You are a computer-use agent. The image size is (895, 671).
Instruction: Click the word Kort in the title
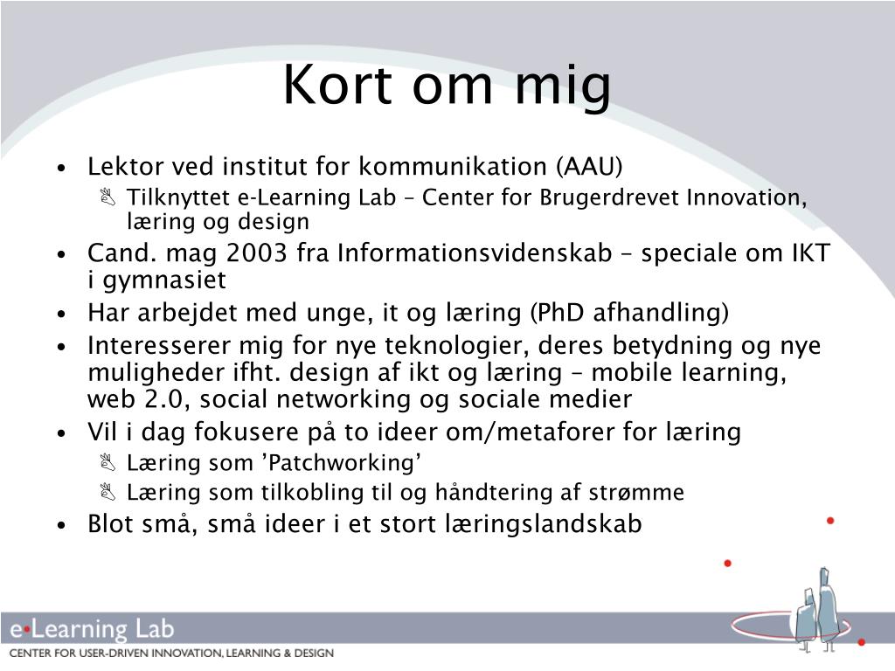pyautogui.click(x=337, y=84)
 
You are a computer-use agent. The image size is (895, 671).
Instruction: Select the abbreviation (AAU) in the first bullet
pyautogui.click(x=588, y=167)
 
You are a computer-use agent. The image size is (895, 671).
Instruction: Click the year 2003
pyautogui.click(x=256, y=253)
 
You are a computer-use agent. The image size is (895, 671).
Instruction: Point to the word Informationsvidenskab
pyautogui.click(x=475, y=253)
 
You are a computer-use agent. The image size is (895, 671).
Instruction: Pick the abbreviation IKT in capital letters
pyautogui.click(x=811, y=253)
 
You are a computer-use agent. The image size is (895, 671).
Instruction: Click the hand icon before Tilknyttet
pyautogui.click(x=108, y=197)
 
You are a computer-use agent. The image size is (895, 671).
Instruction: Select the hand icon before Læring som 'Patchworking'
pyautogui.click(x=108, y=461)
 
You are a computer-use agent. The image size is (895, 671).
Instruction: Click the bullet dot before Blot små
pyautogui.click(x=62, y=525)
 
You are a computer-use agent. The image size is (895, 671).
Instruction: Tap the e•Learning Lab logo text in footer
pyautogui.click(x=92, y=629)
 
